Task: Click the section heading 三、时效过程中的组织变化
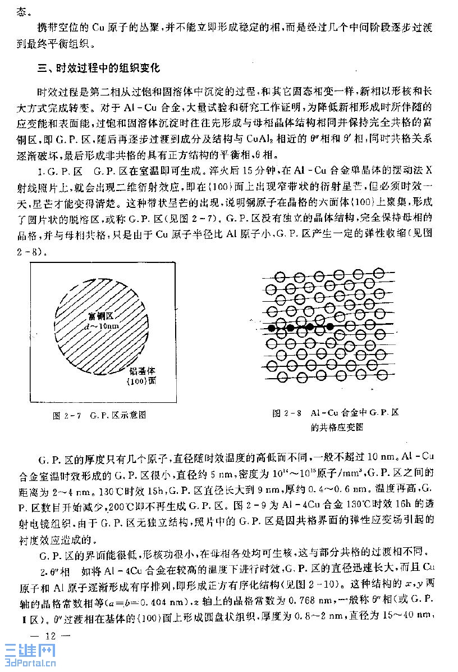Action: (98, 69)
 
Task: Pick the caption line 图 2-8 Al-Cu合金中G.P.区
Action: (336, 413)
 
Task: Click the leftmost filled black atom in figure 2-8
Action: (272, 327)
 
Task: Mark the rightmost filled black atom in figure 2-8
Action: (330, 326)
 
